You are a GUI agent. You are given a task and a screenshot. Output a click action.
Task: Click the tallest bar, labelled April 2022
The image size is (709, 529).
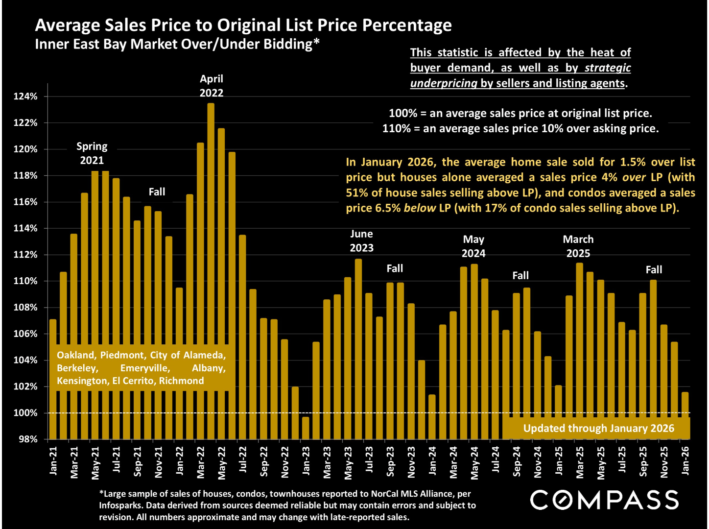pyautogui.click(x=211, y=269)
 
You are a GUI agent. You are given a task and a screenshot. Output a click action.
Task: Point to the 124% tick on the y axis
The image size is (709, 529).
pyautogui.click(x=25, y=96)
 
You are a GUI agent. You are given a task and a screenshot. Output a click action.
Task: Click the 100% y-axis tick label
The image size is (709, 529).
pyautogui.click(x=25, y=413)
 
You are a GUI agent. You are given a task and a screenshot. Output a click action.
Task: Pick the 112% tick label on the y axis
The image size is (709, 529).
pyautogui.click(x=25, y=255)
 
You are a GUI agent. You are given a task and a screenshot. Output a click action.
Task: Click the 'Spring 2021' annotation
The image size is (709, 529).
pyautogui.click(x=92, y=153)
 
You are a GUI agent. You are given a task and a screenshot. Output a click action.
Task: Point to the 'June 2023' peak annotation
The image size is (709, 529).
pyautogui.click(x=361, y=241)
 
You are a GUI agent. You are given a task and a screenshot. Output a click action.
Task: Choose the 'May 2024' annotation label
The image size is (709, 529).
pyautogui.click(x=473, y=246)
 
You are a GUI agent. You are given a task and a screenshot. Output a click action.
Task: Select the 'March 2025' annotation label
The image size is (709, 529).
pyautogui.click(x=578, y=246)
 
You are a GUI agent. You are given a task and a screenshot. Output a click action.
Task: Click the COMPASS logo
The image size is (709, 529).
pyautogui.click(x=605, y=500)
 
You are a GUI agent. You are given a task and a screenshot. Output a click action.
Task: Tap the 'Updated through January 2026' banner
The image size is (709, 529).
pyautogui.click(x=598, y=429)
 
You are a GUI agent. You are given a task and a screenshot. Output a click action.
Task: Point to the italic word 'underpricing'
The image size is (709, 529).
pyautogui.click(x=444, y=83)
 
